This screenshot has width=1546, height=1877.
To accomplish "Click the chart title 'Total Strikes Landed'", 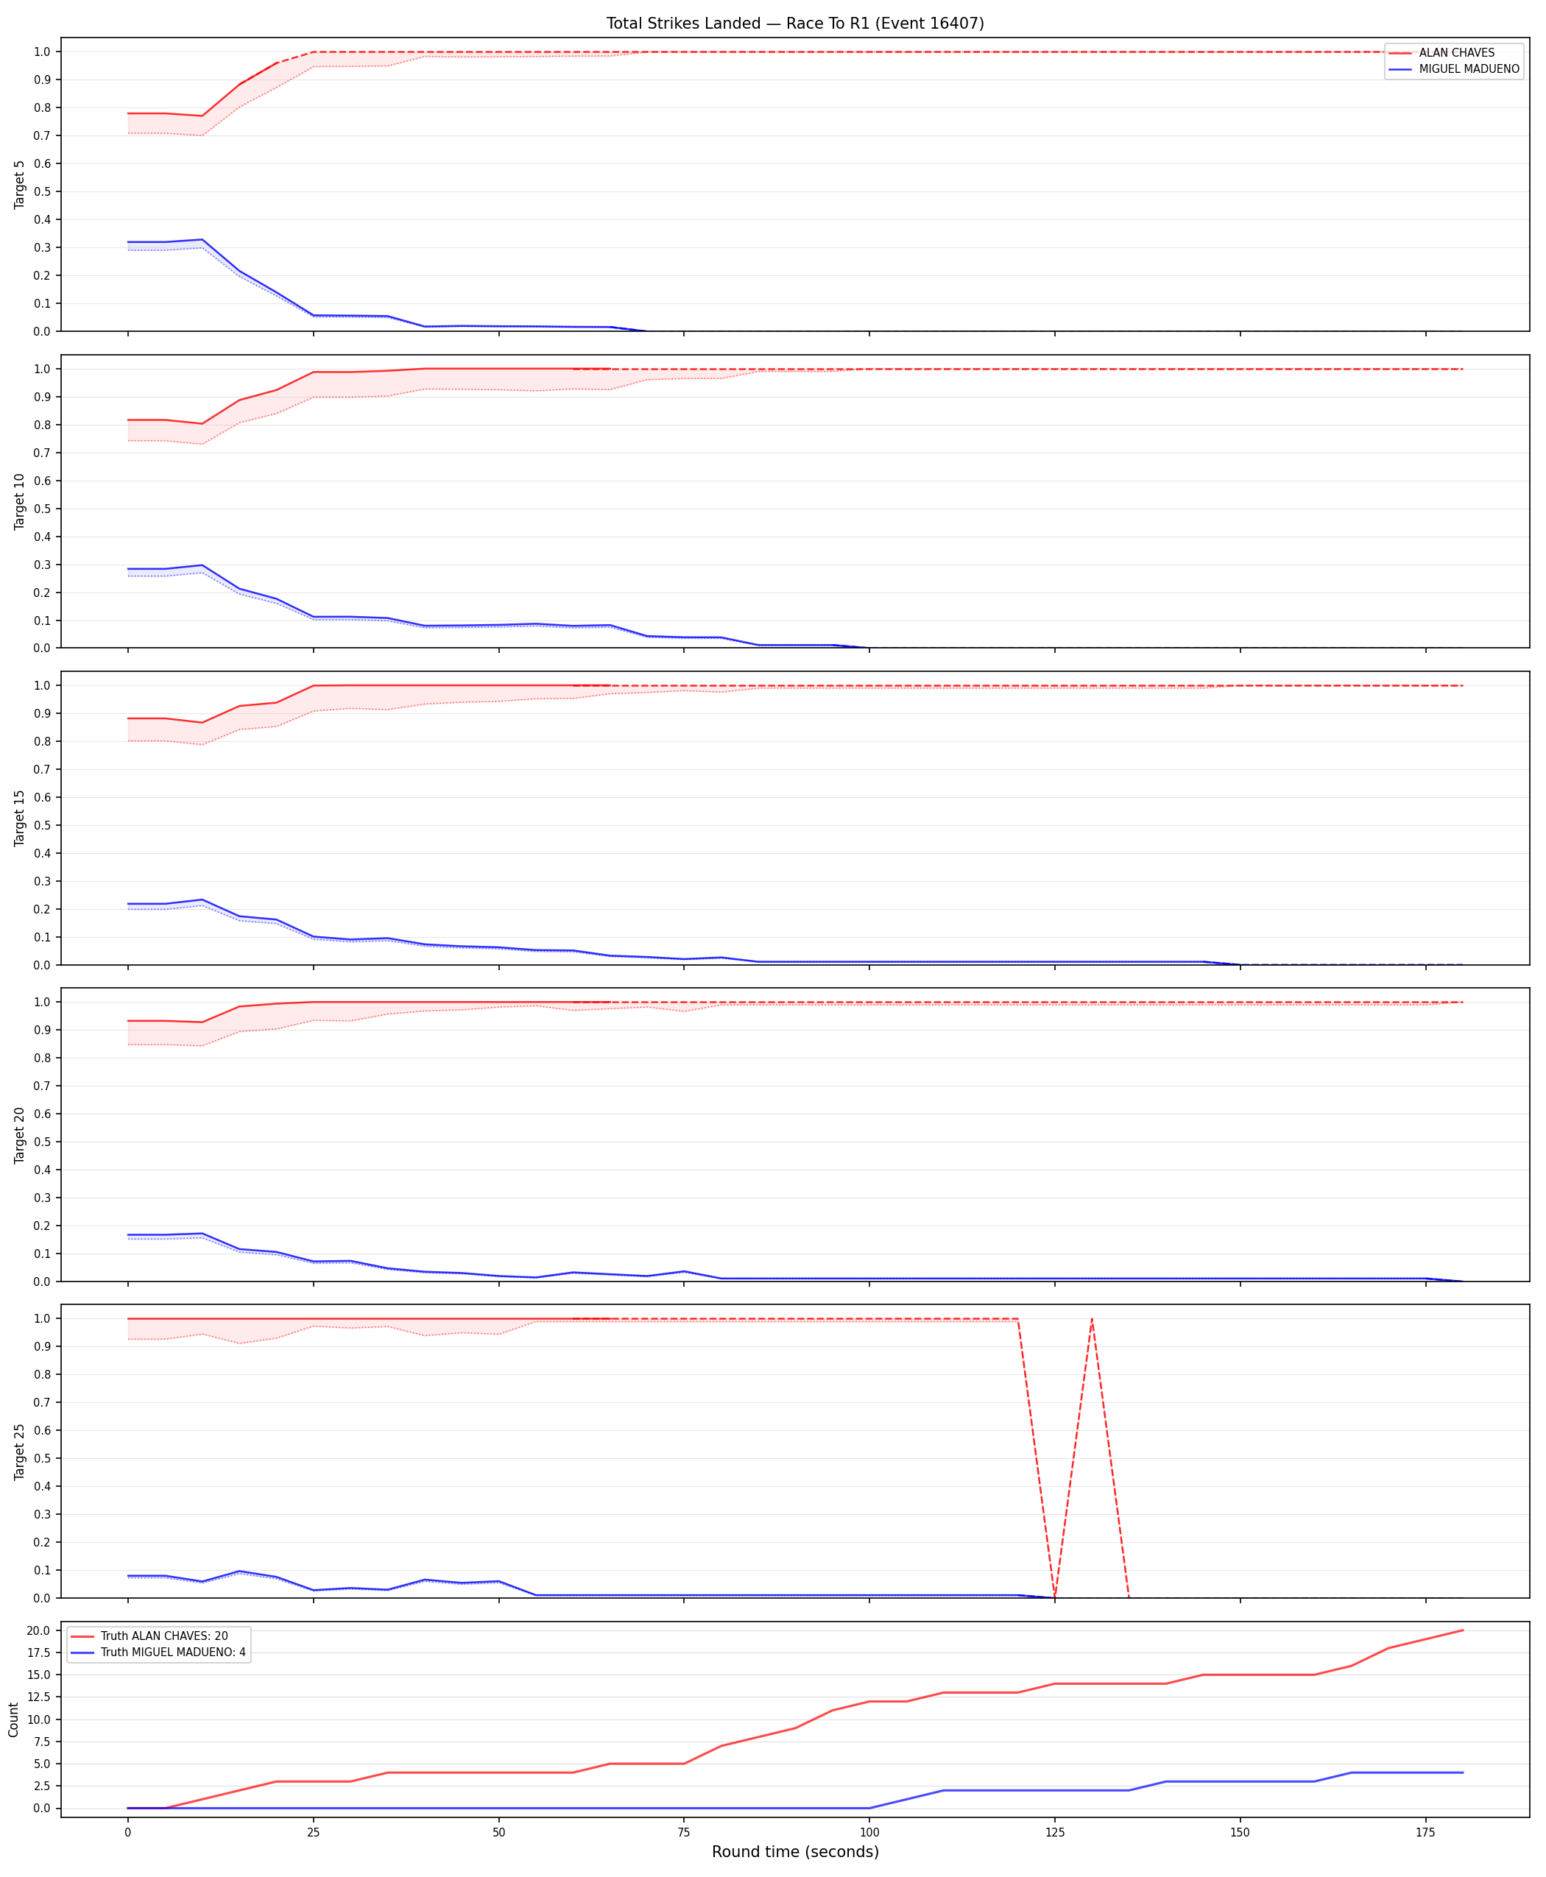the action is (x=683, y=23).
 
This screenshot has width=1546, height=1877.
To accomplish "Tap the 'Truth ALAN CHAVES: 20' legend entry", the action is (x=149, y=1636).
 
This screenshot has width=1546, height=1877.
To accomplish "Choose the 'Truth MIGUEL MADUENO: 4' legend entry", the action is (x=158, y=1652).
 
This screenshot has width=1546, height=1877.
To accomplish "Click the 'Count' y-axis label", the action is (x=13, y=1719).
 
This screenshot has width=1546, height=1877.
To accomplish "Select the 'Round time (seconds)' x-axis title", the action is (x=795, y=1852).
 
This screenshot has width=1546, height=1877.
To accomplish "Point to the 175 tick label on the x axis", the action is (x=1426, y=1833).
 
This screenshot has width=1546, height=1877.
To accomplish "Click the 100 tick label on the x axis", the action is (x=869, y=1833).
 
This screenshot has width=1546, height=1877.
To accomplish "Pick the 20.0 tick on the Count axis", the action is (x=39, y=1630).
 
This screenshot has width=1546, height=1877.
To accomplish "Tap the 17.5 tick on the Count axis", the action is (x=39, y=1652).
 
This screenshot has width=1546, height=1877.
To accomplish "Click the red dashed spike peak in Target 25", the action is (x=1092, y=1319).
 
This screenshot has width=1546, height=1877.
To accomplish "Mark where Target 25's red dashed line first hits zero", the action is (x=1054, y=1597).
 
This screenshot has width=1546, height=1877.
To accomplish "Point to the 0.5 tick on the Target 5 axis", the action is (x=42, y=191).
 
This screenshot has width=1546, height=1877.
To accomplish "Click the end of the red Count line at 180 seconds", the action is (x=1462, y=1630).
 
